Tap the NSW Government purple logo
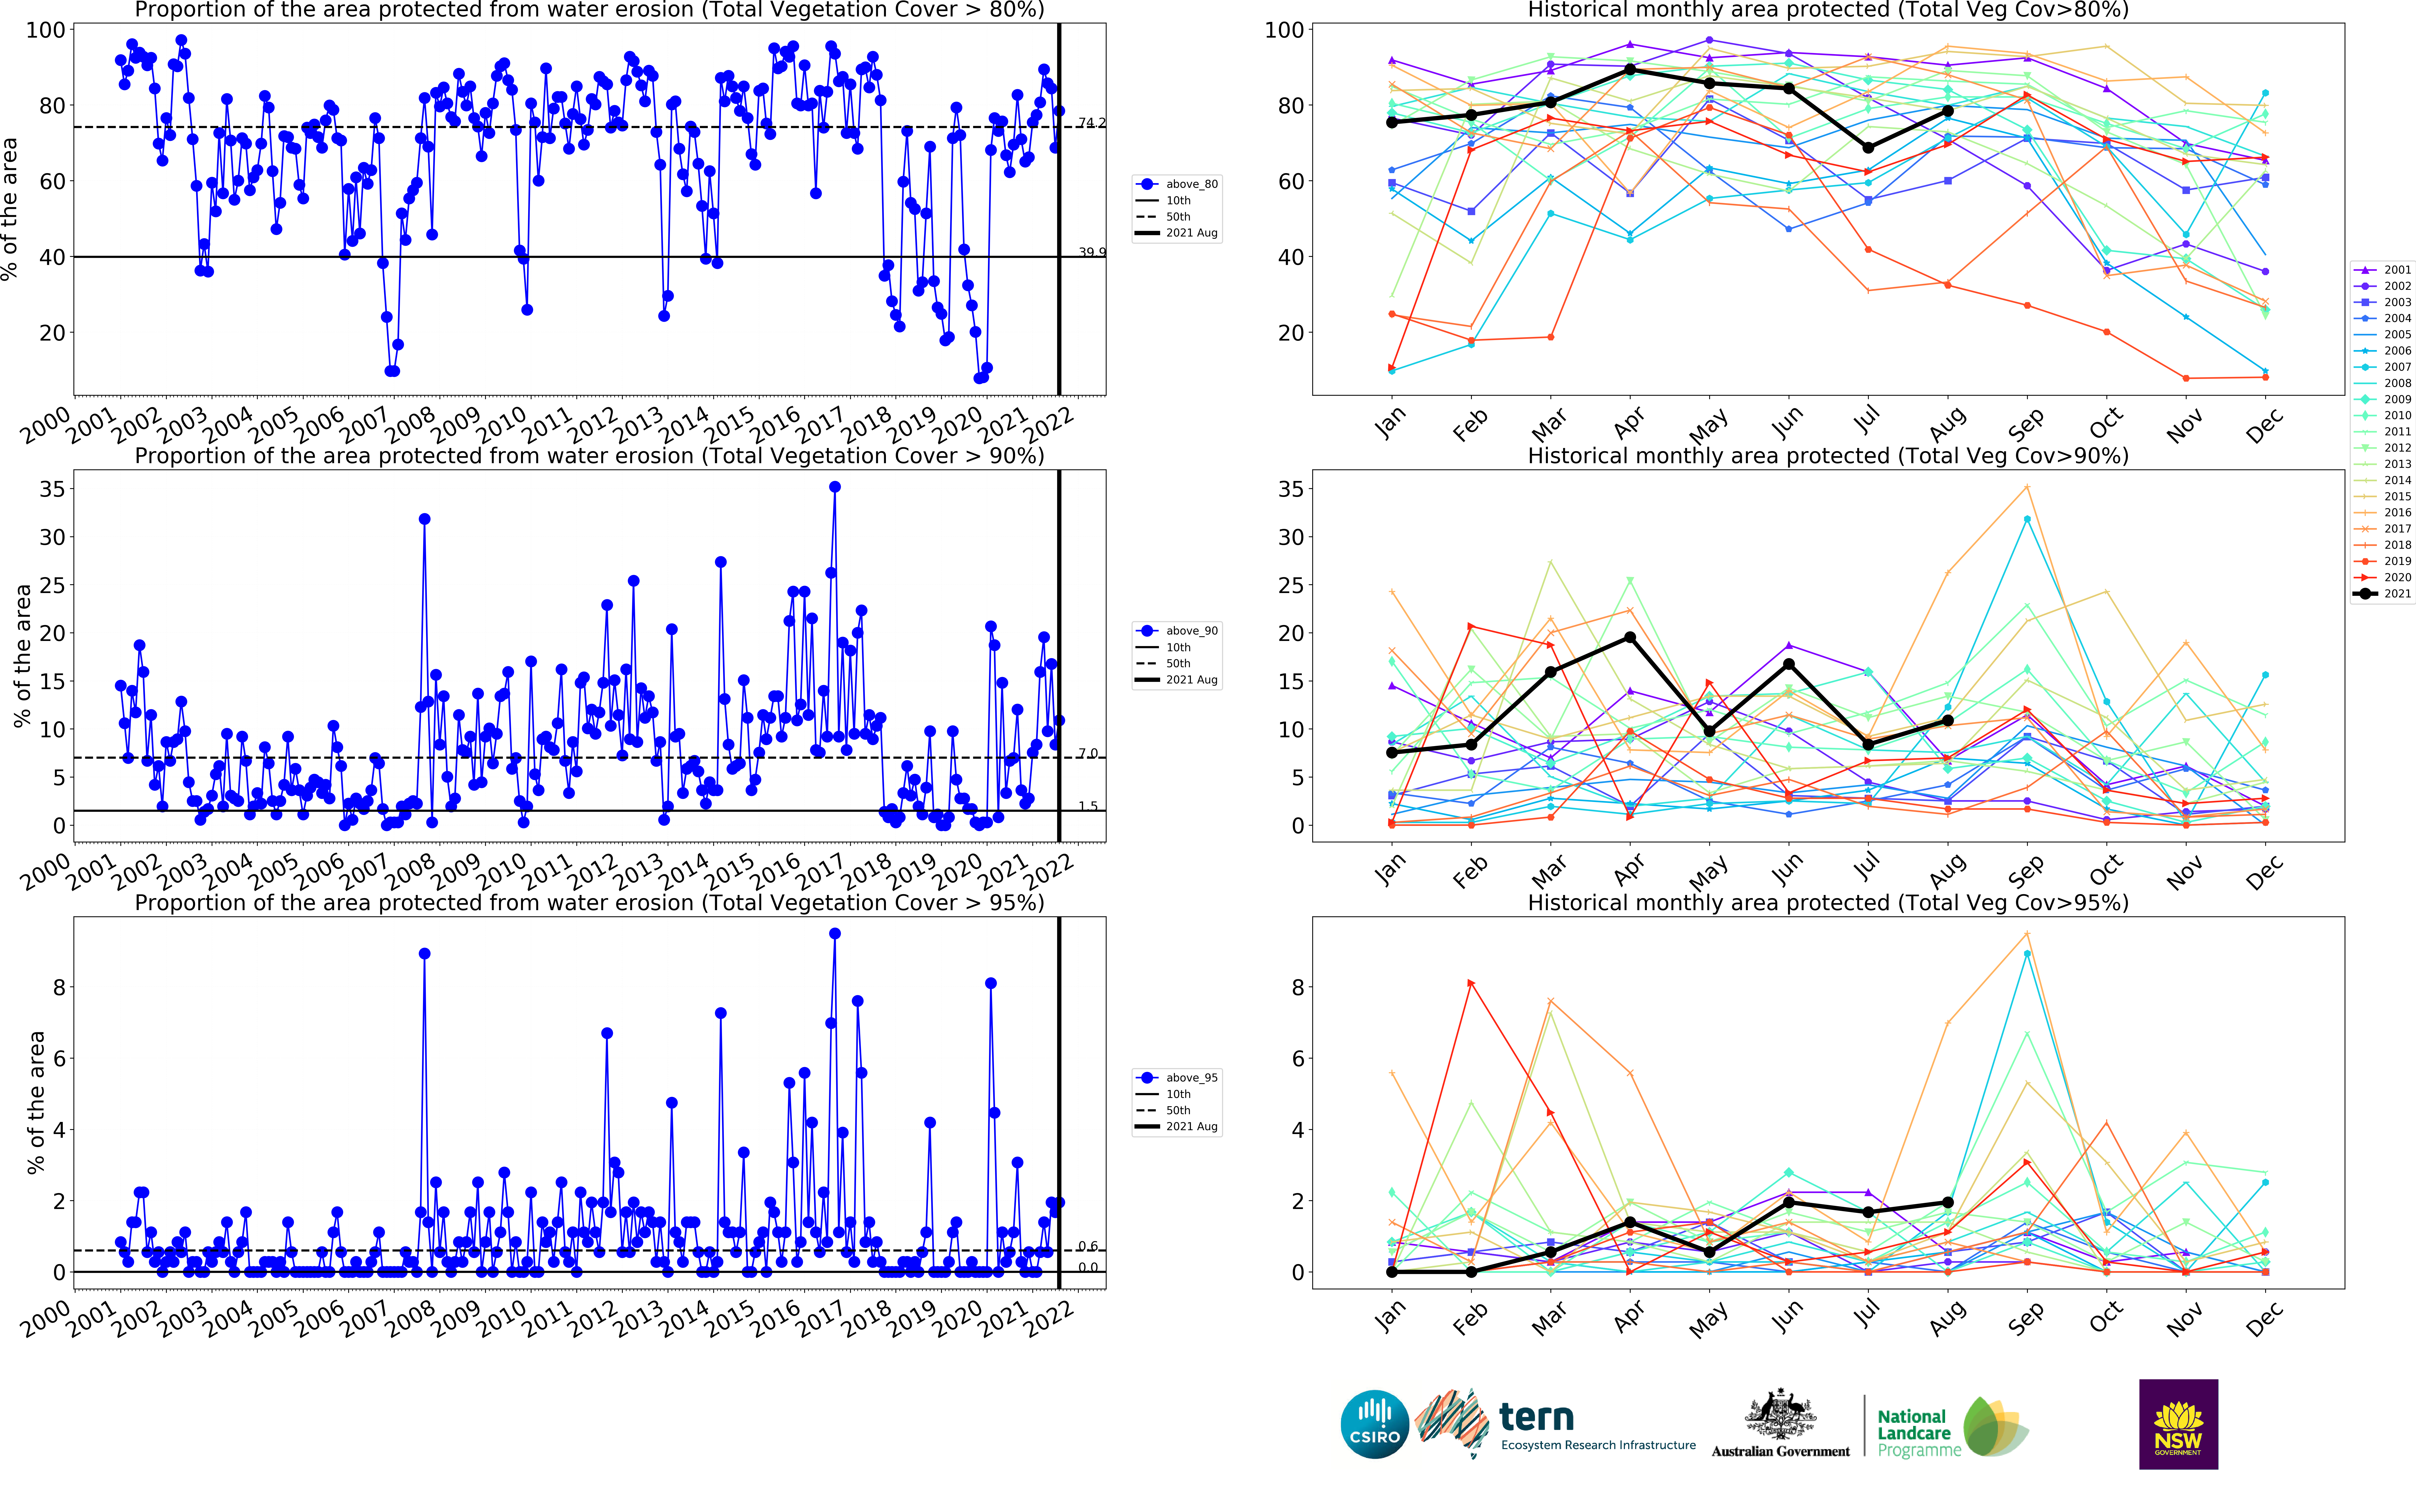click(2178, 1423)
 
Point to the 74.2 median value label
click(1091, 123)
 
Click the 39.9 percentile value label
click(1091, 253)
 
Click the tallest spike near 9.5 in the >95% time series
click(835, 934)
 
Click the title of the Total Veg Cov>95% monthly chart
click(1827, 902)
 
